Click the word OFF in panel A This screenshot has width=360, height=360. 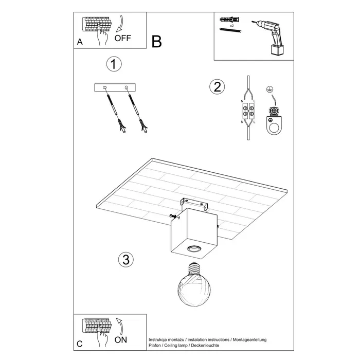coord(123,38)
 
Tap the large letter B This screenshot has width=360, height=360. coord(157,41)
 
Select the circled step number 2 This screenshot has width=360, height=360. coord(217,86)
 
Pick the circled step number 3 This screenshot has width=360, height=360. coord(124,260)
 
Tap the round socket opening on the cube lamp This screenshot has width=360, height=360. coord(194,249)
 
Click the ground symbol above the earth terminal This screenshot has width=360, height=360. coord(268,89)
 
